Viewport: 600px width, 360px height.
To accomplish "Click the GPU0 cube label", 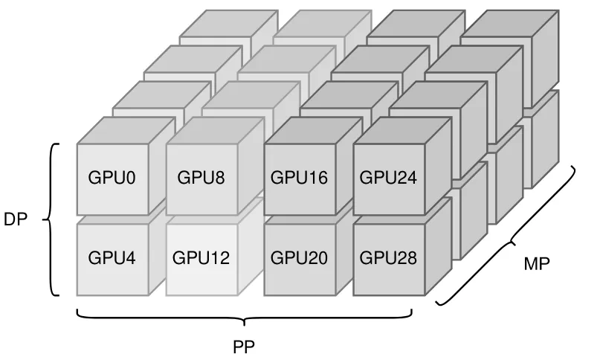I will [x=112, y=178].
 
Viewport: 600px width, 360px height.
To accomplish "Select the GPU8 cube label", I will [x=201, y=178].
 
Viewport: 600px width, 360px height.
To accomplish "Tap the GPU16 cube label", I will [x=299, y=178].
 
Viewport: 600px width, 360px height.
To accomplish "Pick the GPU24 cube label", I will [x=388, y=178].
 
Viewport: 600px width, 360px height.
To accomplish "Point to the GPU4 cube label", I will [x=112, y=258].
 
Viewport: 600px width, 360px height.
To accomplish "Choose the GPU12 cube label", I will [x=201, y=258].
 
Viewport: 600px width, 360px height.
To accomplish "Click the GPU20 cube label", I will [x=299, y=258].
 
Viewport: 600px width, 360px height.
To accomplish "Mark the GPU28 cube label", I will [x=388, y=258].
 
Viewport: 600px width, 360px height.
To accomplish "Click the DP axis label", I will [x=16, y=220].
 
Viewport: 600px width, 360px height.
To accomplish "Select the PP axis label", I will [x=245, y=346].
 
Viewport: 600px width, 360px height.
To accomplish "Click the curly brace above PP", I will [x=244, y=318].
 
